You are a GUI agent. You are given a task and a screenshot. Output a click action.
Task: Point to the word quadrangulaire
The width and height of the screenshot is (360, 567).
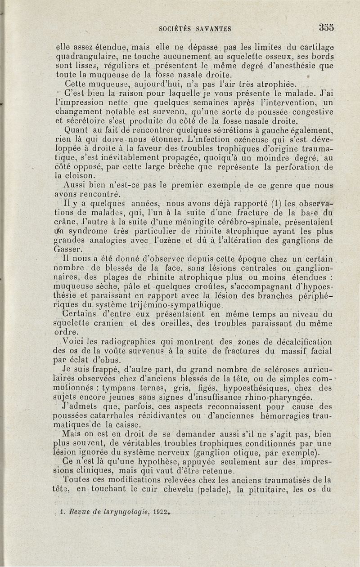83,56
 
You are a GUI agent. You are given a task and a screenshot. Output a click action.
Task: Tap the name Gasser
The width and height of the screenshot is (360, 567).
67,250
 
